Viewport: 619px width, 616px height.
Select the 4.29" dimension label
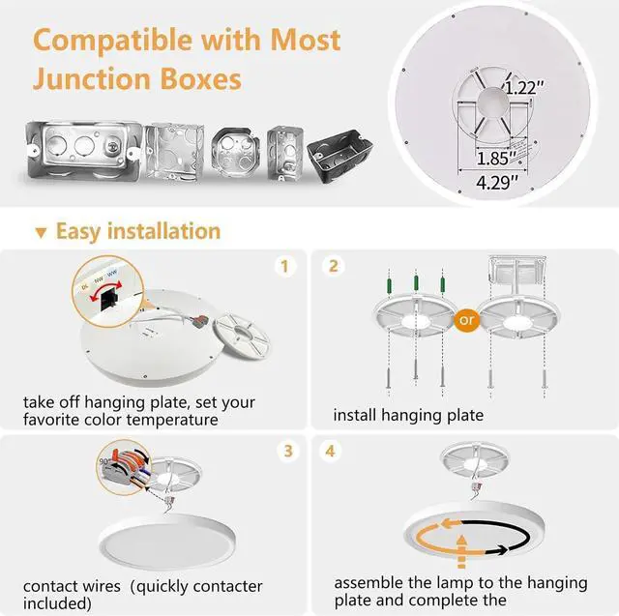click(494, 180)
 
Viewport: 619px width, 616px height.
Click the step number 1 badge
click(283, 265)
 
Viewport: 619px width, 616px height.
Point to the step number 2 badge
click(334, 265)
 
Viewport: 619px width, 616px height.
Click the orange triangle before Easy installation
click(41, 233)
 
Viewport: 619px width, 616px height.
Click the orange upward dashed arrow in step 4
click(460, 549)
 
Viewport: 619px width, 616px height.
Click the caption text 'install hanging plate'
click(407, 415)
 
